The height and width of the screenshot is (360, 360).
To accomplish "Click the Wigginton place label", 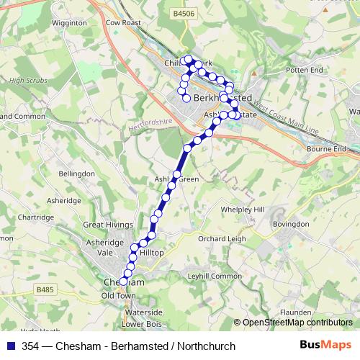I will [x=71, y=22].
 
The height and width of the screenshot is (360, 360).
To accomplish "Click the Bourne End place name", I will [x=328, y=149].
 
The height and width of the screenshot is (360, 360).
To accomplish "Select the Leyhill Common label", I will [x=214, y=276].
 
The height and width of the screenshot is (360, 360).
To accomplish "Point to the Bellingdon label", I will [x=76, y=174].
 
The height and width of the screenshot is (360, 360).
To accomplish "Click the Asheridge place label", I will [x=63, y=201].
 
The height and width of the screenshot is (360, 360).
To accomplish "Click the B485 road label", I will [x=45, y=289].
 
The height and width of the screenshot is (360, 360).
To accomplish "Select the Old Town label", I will [x=119, y=296].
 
